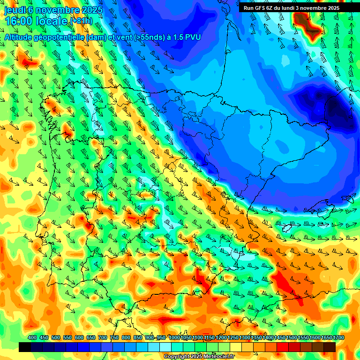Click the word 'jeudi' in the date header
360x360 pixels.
[x=15, y=9]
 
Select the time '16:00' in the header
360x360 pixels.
[x=18, y=21]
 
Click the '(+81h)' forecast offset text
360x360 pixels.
[x=81, y=21]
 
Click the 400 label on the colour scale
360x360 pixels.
[x=32, y=337]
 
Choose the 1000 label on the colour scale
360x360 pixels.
[x=174, y=337]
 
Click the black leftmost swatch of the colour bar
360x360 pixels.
[x=25, y=347]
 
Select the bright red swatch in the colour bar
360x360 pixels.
[x=283, y=347]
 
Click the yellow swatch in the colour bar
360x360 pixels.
[x=236, y=347]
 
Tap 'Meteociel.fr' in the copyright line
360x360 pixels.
[x=217, y=357]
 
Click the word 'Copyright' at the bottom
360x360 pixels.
[x=176, y=357]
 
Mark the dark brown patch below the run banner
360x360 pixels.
[x=303, y=21]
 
